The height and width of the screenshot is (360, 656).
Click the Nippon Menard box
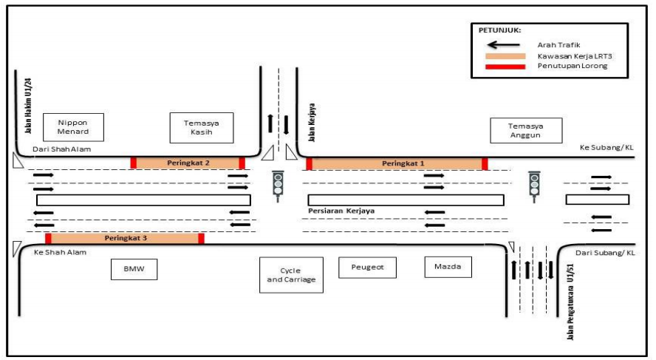(x=73, y=127)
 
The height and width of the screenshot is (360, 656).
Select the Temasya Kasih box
(x=202, y=128)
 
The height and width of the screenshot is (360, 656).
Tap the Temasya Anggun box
(x=526, y=131)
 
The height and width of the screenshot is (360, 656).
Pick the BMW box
(x=134, y=269)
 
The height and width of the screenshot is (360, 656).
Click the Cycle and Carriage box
(x=291, y=275)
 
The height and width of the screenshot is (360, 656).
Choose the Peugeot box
(x=367, y=268)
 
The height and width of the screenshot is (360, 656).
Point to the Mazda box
(x=448, y=267)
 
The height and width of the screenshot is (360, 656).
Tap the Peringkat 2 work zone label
(x=188, y=163)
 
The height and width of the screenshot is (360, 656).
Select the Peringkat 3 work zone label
(x=126, y=238)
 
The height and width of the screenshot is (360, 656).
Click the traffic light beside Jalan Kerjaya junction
(x=278, y=186)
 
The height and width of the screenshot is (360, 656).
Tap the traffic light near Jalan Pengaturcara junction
(x=534, y=187)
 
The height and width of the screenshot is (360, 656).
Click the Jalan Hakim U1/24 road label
(x=29, y=106)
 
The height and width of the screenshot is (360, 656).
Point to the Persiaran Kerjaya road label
(x=341, y=211)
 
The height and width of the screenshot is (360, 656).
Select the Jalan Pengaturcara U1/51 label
(x=570, y=302)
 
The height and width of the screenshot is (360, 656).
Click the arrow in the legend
(x=504, y=45)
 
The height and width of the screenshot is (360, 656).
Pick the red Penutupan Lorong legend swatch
(x=505, y=67)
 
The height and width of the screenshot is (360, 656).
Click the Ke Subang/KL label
(x=607, y=147)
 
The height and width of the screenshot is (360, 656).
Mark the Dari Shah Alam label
(x=62, y=149)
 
